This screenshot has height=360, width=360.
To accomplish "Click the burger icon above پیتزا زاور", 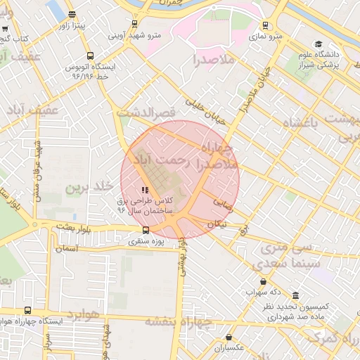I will click(73, 14).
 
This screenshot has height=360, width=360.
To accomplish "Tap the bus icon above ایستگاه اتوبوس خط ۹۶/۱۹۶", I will click(89, 56).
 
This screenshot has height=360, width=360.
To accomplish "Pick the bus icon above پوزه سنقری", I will click(146, 230).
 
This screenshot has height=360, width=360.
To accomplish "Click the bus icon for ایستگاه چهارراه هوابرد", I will click(27, 310).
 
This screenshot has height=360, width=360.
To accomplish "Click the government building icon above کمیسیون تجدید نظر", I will click(295, 295).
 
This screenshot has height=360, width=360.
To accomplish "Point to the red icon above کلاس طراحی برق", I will click(145, 190).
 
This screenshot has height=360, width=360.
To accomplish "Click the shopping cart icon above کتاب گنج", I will click(6, 29).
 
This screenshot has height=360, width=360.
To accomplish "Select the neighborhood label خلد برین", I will click(89, 187).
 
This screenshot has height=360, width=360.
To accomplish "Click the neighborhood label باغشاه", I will click(310, 123).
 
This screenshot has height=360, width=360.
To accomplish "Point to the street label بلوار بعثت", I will click(76, 225).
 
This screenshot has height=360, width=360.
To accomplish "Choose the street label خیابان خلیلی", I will click(205, 112).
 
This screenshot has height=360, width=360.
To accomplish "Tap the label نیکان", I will click(215, 223).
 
